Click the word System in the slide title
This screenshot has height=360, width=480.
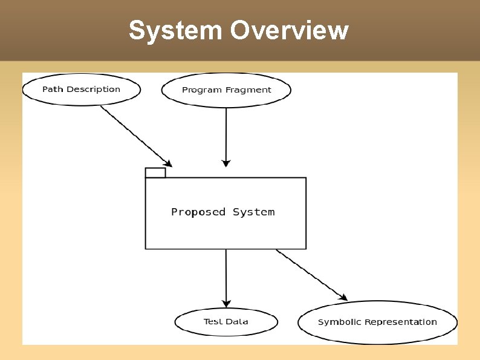point(175,30)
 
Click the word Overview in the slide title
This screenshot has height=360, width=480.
point(288,30)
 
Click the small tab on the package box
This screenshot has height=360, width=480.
point(155,173)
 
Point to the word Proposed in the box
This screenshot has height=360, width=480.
point(198,212)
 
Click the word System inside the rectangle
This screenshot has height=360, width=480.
point(254,212)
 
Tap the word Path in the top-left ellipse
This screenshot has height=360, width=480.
point(53,90)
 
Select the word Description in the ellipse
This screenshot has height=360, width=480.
point(93,90)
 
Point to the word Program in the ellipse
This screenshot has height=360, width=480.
point(201,90)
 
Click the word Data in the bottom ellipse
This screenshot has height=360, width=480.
point(237,322)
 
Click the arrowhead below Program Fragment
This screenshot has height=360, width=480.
point(226,163)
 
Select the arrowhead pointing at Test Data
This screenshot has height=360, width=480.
point(226,303)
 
